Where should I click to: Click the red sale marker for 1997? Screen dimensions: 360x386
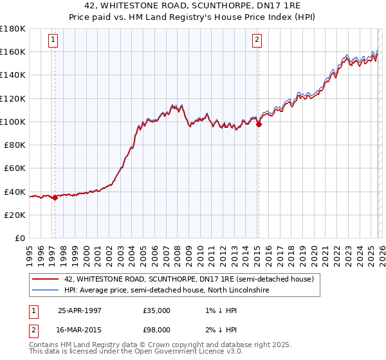coord(55,197)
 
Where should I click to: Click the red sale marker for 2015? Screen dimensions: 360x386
coord(258,125)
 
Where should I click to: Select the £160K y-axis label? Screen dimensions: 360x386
coord(13,51)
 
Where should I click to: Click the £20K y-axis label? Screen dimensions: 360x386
coord(15,215)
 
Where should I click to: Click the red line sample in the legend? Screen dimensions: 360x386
coord(45,279)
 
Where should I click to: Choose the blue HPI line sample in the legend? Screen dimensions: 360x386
coord(45,291)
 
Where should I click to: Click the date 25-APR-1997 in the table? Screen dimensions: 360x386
coord(80,310)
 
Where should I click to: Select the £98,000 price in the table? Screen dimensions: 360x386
coord(156,330)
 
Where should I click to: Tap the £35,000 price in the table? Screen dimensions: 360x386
coord(156,310)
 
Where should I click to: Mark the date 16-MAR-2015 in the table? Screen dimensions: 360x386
coord(80,330)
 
